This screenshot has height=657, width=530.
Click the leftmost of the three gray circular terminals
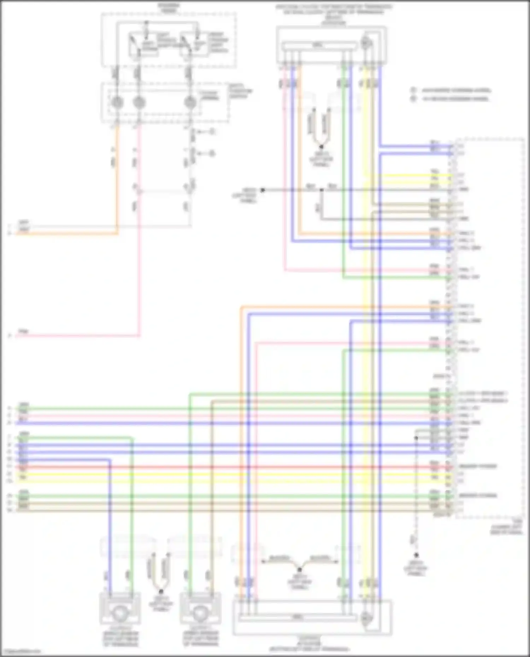[117, 102]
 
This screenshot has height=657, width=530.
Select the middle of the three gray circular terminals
[139, 102]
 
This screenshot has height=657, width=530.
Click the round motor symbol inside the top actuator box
[366, 43]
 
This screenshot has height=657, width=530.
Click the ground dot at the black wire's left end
[263, 190]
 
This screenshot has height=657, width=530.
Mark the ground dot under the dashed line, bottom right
[416, 555]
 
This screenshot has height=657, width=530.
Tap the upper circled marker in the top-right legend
[413, 90]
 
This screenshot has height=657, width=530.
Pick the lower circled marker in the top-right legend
[413, 98]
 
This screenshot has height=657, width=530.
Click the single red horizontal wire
[247, 467]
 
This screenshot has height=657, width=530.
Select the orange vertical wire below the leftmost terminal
[117, 177]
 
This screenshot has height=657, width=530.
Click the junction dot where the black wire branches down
[321, 190]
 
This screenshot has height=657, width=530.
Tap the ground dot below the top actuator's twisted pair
[321, 147]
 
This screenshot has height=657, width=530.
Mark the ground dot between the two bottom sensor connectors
[161, 591]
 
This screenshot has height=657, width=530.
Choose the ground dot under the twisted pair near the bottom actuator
[300, 569]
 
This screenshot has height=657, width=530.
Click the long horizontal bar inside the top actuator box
[319, 45]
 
